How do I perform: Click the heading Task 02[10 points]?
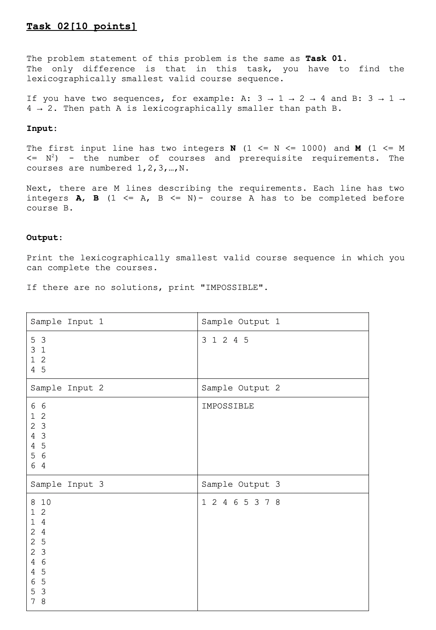tap(81, 27)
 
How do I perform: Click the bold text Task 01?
tap(326, 58)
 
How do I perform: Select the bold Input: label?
tap(42, 128)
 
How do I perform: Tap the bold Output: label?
tap(44, 238)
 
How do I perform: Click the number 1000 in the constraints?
tap(314, 148)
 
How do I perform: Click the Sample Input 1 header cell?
tap(67, 322)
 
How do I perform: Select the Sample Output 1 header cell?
tap(241, 322)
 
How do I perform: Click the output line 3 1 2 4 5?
tap(225, 340)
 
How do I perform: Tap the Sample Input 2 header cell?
tap(67, 388)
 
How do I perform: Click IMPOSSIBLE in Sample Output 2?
tap(227, 406)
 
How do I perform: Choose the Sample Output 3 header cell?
tap(241, 485)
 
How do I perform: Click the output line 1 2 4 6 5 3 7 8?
tap(241, 502)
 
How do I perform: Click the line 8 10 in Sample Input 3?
tap(41, 502)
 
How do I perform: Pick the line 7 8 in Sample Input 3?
tap(38, 602)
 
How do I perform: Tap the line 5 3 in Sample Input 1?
tap(38, 340)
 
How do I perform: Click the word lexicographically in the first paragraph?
tap(71, 79)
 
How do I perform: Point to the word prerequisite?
tap(271, 158)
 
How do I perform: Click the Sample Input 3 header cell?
tap(67, 485)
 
